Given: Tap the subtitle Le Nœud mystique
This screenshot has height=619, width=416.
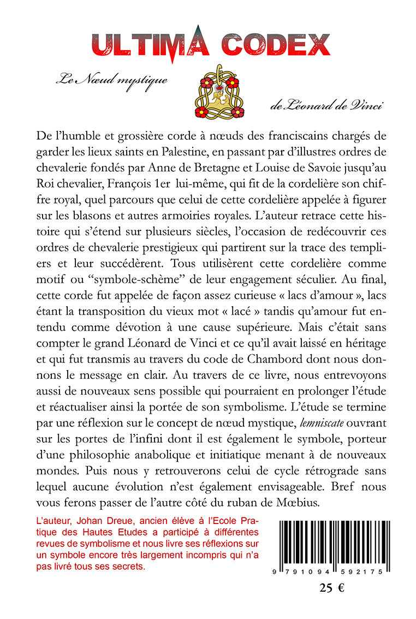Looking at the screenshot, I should (111, 80).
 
